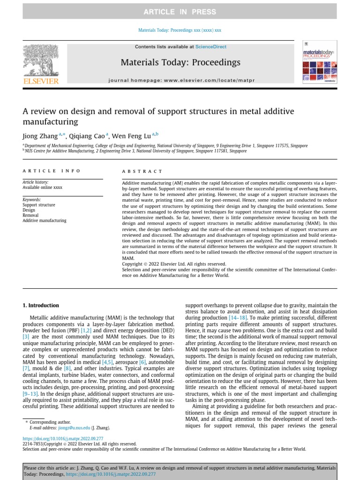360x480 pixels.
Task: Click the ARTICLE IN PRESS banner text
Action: [x=180, y=12]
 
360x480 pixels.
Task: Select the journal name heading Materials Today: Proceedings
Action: [x=180, y=62]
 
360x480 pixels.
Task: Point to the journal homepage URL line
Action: [x=180, y=81]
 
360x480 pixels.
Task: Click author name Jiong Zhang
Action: [x=40, y=136]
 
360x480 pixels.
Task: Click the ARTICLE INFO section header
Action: [x=52, y=171]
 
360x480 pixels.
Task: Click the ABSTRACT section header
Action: [x=142, y=172]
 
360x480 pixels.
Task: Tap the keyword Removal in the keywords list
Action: [x=31, y=216]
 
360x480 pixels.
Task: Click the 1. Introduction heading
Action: [x=41, y=305]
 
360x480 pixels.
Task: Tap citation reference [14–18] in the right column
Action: [x=236, y=318]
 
